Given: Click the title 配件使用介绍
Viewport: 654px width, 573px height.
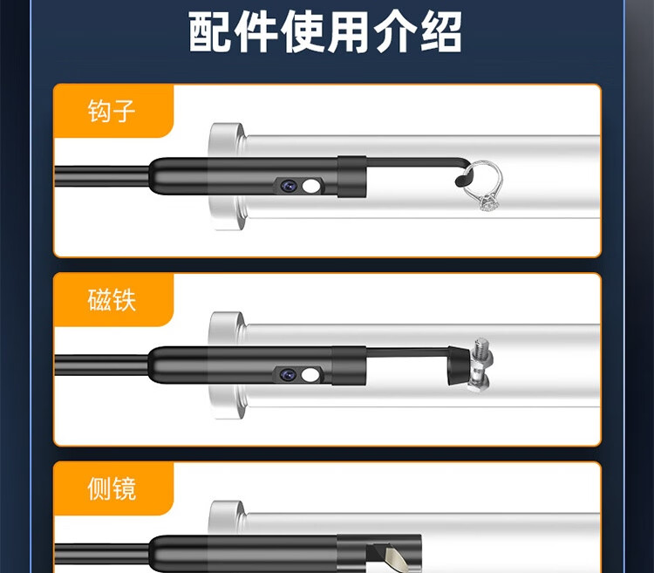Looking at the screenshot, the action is point(325,32).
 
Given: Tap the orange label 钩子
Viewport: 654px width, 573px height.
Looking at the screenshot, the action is point(112,111).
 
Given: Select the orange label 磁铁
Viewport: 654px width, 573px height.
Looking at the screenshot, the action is point(112,300).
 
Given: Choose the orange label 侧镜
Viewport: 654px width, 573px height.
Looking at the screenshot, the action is point(112,488).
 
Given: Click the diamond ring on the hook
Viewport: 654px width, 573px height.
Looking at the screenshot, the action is point(484,186).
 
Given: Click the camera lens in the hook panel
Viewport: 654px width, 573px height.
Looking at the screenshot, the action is point(289,186).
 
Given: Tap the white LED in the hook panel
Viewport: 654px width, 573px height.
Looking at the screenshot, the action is point(310,186).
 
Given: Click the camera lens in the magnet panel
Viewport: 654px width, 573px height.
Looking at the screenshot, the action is point(289,374).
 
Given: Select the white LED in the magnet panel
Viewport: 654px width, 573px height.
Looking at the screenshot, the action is point(310,375).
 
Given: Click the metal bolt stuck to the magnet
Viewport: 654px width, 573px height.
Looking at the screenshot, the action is point(480,365).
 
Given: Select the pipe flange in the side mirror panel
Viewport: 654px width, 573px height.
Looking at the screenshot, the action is point(228,517).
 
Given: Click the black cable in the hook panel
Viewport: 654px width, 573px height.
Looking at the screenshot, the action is point(101,176).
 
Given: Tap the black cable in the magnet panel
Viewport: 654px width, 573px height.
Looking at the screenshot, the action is point(101,365).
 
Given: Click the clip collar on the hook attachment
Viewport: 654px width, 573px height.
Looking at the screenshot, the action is point(352,176).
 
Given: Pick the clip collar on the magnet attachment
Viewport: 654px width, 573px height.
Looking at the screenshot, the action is point(350,365).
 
